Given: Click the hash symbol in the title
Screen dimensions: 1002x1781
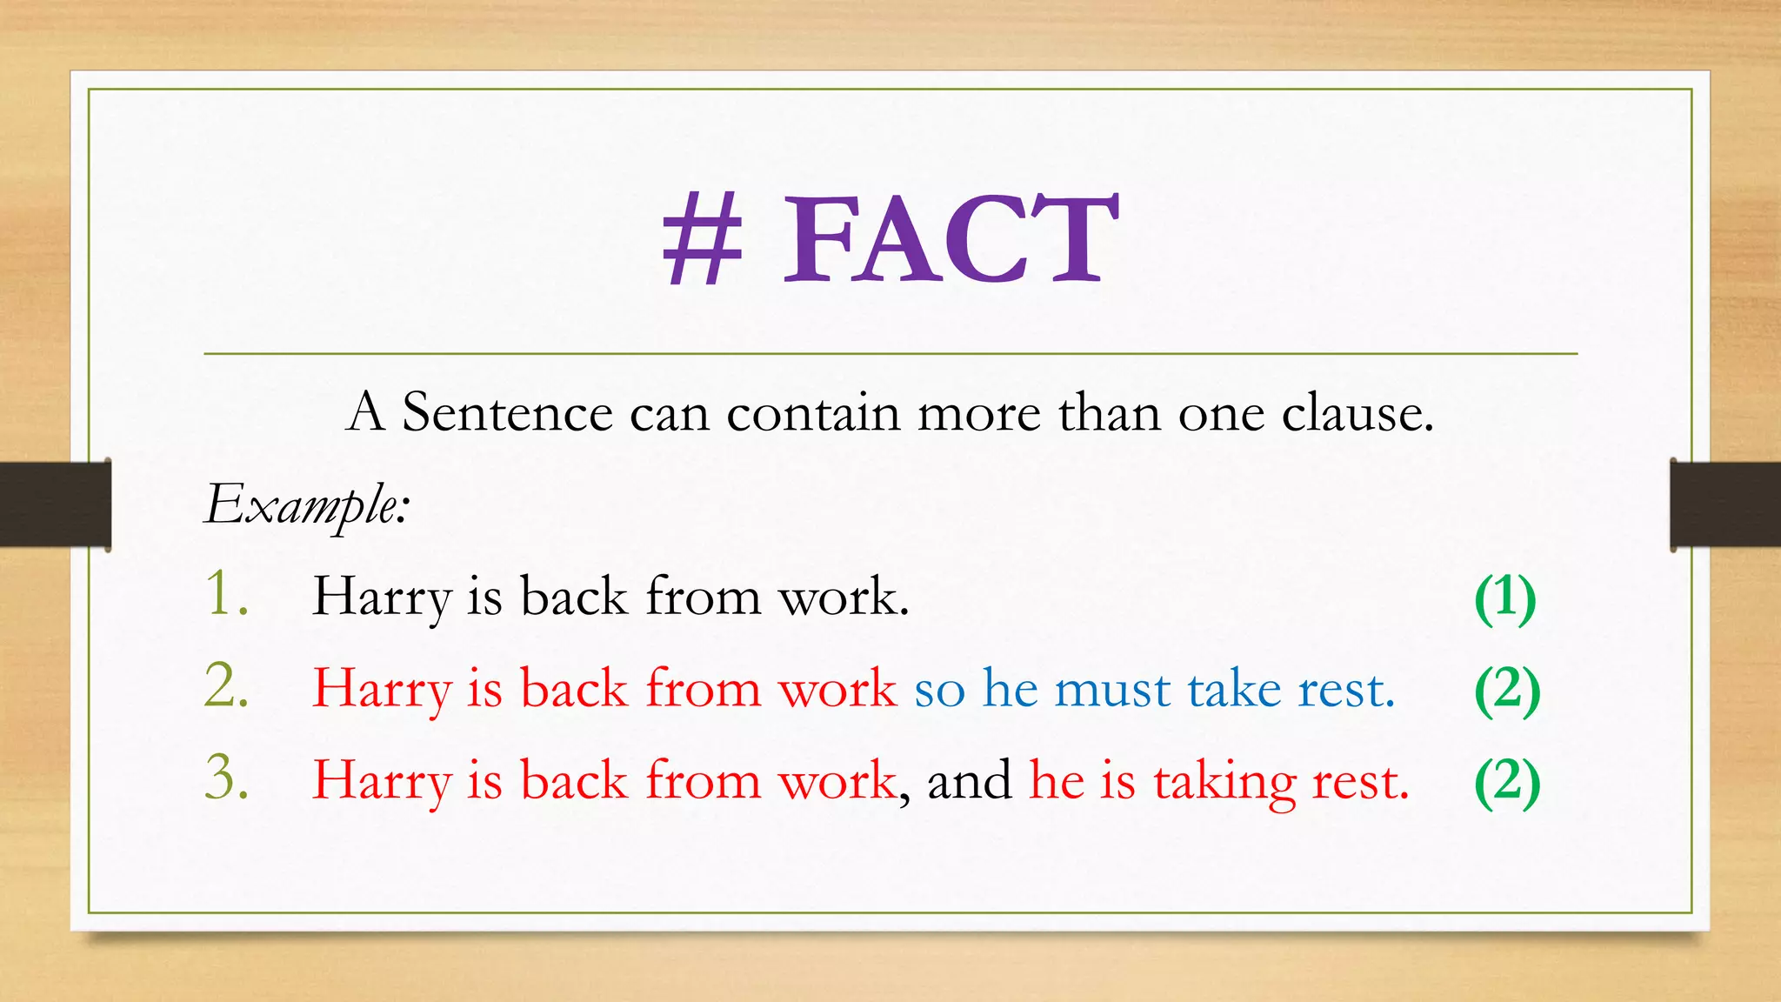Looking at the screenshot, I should coord(703,238).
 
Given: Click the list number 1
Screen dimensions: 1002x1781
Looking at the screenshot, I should coord(227,595).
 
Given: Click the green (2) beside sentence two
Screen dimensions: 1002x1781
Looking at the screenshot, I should coord(1507,690).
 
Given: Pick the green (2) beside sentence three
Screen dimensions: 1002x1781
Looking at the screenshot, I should coord(1507,781).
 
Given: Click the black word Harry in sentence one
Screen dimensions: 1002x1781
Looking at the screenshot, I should coord(382,598).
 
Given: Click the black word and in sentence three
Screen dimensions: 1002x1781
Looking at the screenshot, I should coord(969,779).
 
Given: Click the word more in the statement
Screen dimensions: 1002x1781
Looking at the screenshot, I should coord(978,413).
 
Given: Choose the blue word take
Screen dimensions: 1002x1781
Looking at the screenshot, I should coord(1235,689).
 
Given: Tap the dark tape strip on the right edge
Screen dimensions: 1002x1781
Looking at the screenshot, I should coord(1725,504).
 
